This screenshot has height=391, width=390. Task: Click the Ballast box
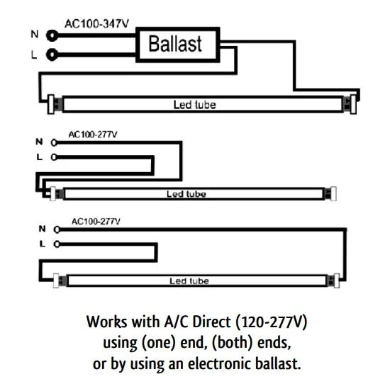(178, 45)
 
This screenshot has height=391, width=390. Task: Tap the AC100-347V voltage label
(96, 24)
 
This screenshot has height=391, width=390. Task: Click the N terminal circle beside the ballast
(52, 35)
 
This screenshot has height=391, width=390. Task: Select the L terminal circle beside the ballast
(52, 55)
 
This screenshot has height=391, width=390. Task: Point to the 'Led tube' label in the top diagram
(194, 105)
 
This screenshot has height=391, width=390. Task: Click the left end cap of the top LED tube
(51, 104)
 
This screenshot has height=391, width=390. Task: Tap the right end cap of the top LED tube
(353, 105)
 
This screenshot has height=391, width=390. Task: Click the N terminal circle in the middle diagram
(54, 142)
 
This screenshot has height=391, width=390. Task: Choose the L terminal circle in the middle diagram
(54, 157)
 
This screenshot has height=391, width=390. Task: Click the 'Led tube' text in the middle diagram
(186, 194)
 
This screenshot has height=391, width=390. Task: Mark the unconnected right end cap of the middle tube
(333, 194)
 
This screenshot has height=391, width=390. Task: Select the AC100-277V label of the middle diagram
(93, 135)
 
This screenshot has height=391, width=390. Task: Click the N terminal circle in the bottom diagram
(57, 229)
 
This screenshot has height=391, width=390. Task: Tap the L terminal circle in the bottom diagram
(57, 244)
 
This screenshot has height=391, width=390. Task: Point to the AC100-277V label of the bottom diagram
(96, 222)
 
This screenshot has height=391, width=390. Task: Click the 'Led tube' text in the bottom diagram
(189, 281)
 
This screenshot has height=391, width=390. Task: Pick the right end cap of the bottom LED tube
(337, 280)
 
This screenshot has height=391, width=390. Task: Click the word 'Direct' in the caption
(211, 322)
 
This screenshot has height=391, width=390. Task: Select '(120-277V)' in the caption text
(271, 322)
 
